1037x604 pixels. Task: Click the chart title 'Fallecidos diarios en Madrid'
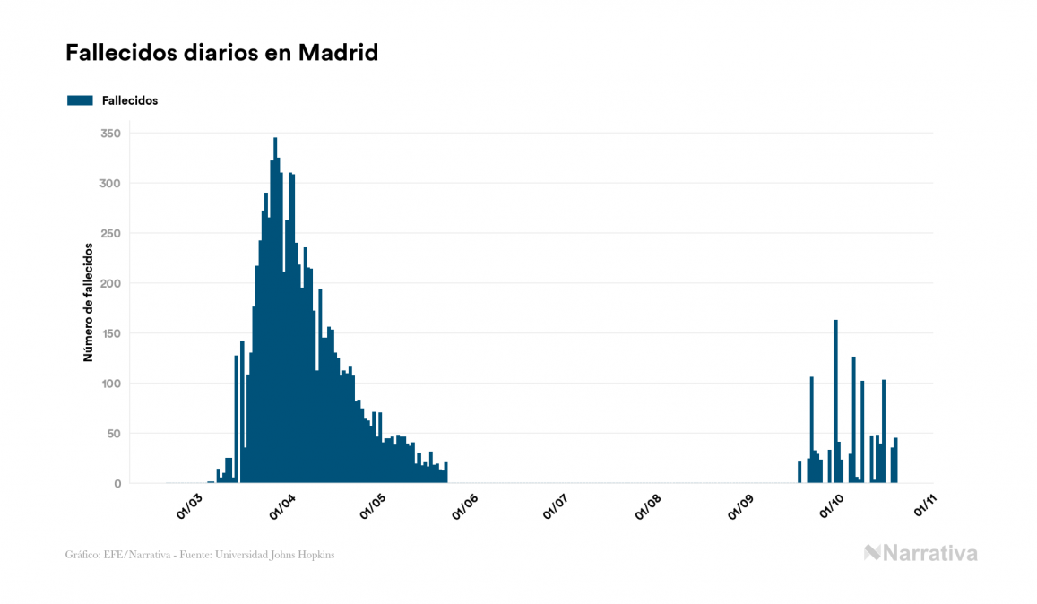[221, 53]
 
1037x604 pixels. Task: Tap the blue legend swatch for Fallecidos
[80, 100]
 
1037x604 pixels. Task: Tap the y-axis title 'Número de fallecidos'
[88, 301]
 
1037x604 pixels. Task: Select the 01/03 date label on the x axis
[190, 506]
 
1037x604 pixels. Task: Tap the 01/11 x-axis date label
[924, 506]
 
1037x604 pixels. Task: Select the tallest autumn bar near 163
[835, 403]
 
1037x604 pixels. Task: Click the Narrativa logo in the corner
[920, 553]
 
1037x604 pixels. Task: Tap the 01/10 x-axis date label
[833, 506]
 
